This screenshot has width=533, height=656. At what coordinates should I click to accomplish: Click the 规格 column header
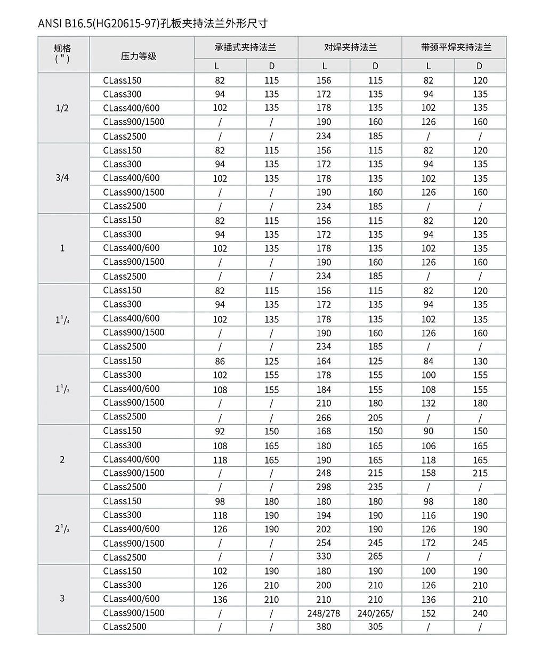62,48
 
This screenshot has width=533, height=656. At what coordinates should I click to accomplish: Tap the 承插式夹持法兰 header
245,47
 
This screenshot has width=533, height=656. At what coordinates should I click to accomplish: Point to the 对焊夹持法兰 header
350,47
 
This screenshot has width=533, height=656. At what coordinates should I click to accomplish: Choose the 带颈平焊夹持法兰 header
454,47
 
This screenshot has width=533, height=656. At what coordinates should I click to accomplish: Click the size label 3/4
62,178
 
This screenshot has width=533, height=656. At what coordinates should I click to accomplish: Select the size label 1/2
62,108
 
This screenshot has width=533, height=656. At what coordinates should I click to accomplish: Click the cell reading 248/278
324,613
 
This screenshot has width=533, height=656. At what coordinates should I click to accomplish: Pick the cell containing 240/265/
375,613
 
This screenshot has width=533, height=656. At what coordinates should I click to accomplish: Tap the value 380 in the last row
324,627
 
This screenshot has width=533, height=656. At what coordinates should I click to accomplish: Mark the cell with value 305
375,627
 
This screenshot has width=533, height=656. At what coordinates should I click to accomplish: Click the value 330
324,556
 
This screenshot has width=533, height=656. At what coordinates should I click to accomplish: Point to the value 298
324,487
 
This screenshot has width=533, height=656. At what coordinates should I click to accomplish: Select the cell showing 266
324,417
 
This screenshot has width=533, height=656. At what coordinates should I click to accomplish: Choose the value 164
324,361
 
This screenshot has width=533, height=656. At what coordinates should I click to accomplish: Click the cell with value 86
220,361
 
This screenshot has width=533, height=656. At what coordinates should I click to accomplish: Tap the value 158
428,473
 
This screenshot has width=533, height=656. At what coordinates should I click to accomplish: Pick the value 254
324,543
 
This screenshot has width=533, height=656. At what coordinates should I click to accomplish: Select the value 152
428,613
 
